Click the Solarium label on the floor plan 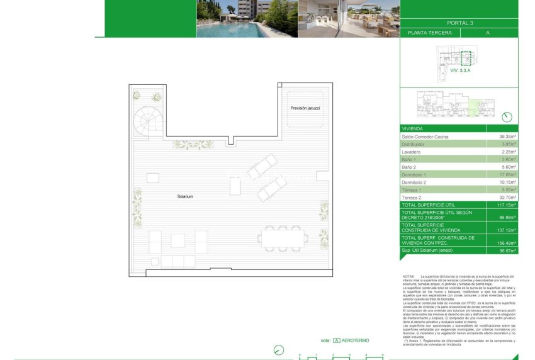point(184,197)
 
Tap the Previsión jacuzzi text point(305,108)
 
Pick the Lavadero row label point(413,152)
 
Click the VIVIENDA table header point(413,128)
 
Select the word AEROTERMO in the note point(356,340)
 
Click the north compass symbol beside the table point(508,116)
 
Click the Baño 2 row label point(410,167)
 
